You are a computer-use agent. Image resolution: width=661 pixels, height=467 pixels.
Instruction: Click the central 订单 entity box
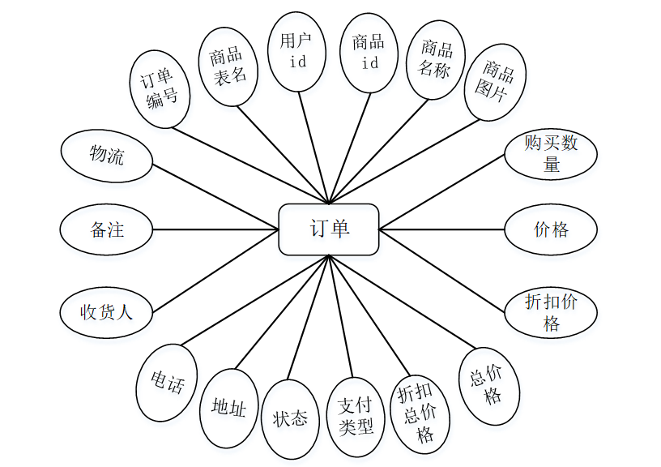[x=329, y=229]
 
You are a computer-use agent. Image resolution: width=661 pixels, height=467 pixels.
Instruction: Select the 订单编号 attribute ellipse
[x=160, y=89]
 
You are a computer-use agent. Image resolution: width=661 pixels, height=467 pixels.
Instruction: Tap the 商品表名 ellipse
[x=228, y=66]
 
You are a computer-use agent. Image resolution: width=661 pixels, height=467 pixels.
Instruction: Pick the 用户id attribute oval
[x=297, y=50]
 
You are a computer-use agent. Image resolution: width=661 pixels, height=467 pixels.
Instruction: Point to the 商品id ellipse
[x=369, y=52]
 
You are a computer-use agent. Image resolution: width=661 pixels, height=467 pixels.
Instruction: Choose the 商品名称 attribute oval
[x=435, y=59]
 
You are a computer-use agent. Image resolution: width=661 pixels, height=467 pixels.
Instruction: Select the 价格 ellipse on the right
[x=551, y=229]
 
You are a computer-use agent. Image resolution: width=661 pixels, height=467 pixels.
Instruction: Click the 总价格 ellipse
[x=491, y=384]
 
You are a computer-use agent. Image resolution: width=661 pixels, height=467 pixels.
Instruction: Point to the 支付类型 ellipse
[x=355, y=413]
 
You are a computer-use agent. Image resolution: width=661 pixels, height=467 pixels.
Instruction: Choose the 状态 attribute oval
[x=290, y=418]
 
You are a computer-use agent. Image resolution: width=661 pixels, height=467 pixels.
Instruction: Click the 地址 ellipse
[x=228, y=408]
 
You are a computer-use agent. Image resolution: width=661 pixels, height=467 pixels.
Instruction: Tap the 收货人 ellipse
[x=106, y=312]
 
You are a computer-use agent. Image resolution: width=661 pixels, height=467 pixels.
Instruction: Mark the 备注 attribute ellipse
[x=106, y=229]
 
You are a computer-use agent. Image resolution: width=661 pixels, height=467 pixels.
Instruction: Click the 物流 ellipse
[x=106, y=155]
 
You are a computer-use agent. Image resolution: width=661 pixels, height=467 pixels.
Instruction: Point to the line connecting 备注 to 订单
[x=215, y=229]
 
